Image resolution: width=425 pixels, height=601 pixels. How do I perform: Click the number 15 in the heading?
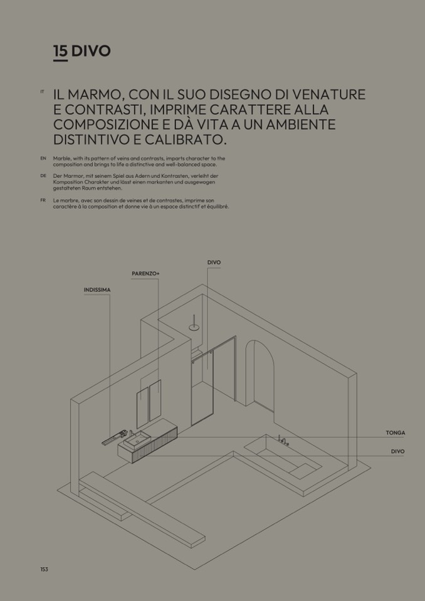point(60,51)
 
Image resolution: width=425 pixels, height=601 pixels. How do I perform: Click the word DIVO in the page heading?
point(91,51)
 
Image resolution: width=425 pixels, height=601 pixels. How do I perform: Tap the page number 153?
point(44,569)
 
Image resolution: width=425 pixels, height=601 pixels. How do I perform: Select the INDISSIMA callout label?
point(97,290)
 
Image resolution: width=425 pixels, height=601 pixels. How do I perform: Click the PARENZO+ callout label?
point(145,274)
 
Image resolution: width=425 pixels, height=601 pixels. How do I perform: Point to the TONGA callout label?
point(395,433)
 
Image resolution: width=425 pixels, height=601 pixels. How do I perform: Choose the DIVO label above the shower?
point(214,263)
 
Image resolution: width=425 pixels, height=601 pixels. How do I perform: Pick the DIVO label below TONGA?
point(398,451)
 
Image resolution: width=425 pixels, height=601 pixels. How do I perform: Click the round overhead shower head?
point(194,327)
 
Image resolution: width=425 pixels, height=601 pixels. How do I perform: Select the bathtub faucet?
point(283,440)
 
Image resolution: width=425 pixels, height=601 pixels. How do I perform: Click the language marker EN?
point(43,158)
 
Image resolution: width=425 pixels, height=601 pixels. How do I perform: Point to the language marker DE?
point(43,175)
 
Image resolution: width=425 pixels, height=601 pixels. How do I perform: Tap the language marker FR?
point(43,200)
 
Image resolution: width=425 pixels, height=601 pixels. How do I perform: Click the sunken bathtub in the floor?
point(283,456)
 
